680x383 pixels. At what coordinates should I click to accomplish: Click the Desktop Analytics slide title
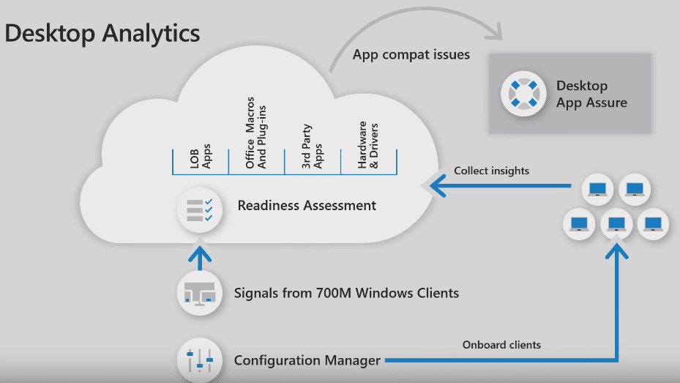[x=102, y=34]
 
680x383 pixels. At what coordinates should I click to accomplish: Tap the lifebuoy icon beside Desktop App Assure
[x=523, y=93]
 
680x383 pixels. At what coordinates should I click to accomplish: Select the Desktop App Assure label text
[x=591, y=94]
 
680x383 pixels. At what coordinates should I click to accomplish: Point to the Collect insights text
[x=491, y=171]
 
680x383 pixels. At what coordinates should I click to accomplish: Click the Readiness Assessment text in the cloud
[x=307, y=206]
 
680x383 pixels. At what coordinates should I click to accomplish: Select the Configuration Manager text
[x=307, y=360]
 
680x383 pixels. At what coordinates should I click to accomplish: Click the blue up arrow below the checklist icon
[x=199, y=255]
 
